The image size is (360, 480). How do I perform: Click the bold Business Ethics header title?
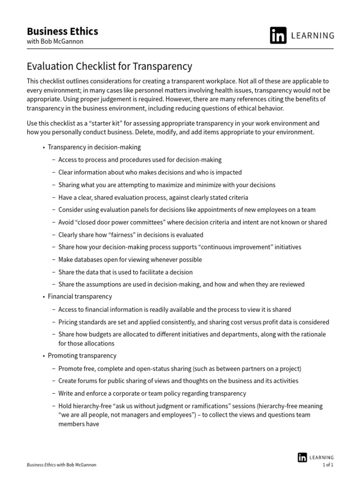coord(62,31)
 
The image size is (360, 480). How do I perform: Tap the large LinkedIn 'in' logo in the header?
coord(278,36)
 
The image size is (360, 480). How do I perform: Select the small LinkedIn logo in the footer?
coord(303,457)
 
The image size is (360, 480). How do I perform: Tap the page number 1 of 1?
coord(328,465)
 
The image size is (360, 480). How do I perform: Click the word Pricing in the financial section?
coord(68,322)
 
